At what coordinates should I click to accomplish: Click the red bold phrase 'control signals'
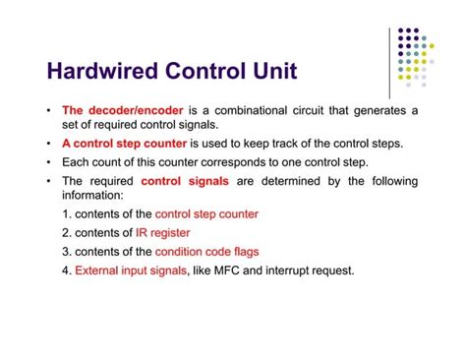point(186,181)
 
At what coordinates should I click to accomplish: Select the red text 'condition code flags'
point(221,251)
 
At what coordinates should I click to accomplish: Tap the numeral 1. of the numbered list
point(66,213)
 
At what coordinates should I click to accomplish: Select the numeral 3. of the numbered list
point(66,251)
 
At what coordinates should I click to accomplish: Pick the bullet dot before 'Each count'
point(49,162)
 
